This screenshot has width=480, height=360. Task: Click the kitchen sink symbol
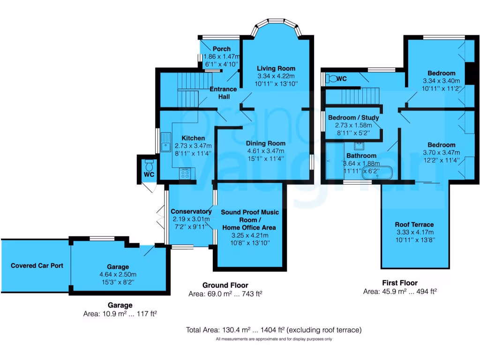pos(166,142)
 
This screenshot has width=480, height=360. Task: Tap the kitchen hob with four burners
pos(185,174)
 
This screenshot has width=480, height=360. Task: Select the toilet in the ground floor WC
pos(150,165)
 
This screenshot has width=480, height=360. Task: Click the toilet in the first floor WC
pos(331,79)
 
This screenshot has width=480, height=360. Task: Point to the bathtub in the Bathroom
pos(377,173)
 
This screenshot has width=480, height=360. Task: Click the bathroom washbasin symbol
pos(359,145)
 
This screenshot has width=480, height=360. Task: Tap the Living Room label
pos(276,68)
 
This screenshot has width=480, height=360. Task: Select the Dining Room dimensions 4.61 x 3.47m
pos(266,151)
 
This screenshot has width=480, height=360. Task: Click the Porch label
pos(222,49)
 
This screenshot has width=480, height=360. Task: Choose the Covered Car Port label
pos(37,266)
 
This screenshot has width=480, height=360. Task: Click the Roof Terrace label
pos(414,225)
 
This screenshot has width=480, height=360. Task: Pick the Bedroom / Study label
pos(353,118)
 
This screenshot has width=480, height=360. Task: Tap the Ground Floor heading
pos(225,285)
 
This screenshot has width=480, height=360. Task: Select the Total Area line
pos(274,330)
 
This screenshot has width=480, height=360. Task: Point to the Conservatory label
pos(191,211)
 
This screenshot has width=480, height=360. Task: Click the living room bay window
pos(276,26)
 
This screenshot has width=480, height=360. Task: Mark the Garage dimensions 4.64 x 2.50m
pos(118,275)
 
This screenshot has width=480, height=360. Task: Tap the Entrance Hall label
pos(223,93)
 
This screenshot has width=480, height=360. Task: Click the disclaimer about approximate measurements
pos(274,339)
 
